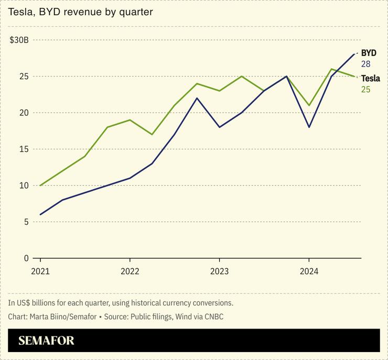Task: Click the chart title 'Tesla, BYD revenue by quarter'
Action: pyautogui.click(x=80, y=12)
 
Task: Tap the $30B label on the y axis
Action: pyautogui.click(x=19, y=40)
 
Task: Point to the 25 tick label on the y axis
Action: pyautogui.click(x=23, y=77)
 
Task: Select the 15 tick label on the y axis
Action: pyautogui.click(x=23, y=149)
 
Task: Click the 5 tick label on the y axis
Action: pyautogui.click(x=26, y=222)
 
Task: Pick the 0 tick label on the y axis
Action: pyautogui.click(x=26, y=258)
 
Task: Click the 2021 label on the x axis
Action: pyautogui.click(x=40, y=271)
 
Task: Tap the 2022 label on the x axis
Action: pyautogui.click(x=130, y=271)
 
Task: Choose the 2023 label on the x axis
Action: pyautogui.click(x=219, y=271)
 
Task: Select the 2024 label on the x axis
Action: pyautogui.click(x=309, y=271)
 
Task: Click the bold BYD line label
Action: pyautogui.click(x=369, y=53)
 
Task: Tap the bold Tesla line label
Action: pyautogui.click(x=370, y=79)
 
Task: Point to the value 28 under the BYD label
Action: pyautogui.click(x=365, y=64)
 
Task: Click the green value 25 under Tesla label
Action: pyautogui.click(x=365, y=90)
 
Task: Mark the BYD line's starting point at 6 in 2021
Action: pyautogui.click(x=40, y=214)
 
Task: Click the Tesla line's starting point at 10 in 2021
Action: pyautogui.click(x=40, y=186)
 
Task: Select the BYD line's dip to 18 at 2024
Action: pyautogui.click(x=309, y=127)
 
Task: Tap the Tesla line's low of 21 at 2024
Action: pyautogui.click(x=309, y=105)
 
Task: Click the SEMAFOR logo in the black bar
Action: pyautogui.click(x=46, y=341)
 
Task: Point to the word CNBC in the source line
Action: pyautogui.click(x=214, y=317)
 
